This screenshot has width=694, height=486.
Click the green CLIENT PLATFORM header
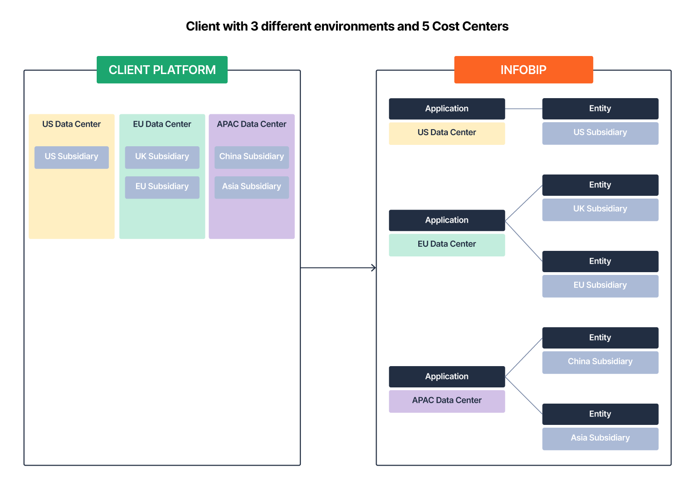pyautogui.click(x=162, y=70)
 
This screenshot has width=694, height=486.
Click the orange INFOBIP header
pyautogui.click(x=523, y=70)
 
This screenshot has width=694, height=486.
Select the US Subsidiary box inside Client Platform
pyautogui.click(x=71, y=157)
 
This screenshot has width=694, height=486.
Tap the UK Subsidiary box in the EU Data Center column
pyautogui.click(x=162, y=157)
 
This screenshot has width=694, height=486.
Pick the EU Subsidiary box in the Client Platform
pyautogui.click(x=162, y=187)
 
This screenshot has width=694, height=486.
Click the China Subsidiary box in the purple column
pyautogui.click(x=251, y=157)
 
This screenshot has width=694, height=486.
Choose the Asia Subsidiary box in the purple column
pyautogui.click(x=251, y=187)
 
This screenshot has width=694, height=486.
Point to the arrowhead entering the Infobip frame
pyautogui.click(x=374, y=268)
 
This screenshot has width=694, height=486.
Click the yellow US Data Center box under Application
pyautogui.click(x=446, y=133)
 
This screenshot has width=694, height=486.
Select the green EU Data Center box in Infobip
pyautogui.click(x=446, y=244)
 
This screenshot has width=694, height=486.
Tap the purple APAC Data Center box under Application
pyautogui.click(x=446, y=401)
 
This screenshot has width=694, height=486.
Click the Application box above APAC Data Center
pyautogui.click(x=446, y=376)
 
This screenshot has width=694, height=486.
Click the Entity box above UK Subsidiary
pyautogui.click(x=600, y=185)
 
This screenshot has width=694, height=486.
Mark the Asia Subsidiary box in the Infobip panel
pyautogui.click(x=600, y=438)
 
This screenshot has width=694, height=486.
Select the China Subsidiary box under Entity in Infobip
pyautogui.click(x=600, y=362)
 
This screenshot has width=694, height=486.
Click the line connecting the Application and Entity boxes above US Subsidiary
pyautogui.click(x=523, y=109)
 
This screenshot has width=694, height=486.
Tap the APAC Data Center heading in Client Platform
pyautogui.click(x=251, y=124)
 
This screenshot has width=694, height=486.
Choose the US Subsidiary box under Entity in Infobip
pyautogui.click(x=600, y=133)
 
